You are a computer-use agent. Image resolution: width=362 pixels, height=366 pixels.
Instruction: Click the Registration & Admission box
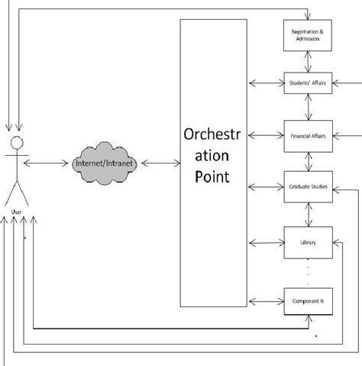[307, 34]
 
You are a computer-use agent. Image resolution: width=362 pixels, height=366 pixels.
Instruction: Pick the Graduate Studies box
[307, 186]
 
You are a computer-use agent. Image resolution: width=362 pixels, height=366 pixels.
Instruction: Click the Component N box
[307, 301]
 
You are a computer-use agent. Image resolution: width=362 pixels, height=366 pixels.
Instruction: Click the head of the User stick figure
[15, 144]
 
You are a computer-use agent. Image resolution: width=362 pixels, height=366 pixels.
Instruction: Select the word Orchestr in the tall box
[213, 136]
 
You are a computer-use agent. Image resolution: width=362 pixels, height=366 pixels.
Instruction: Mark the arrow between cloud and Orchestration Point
[158, 163]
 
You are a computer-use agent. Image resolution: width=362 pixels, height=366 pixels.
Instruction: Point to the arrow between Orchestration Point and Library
[265, 244]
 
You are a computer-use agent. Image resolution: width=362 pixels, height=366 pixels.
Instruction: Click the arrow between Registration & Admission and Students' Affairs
[307, 60]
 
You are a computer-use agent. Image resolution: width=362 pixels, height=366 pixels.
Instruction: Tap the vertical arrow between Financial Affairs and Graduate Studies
[307, 160]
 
